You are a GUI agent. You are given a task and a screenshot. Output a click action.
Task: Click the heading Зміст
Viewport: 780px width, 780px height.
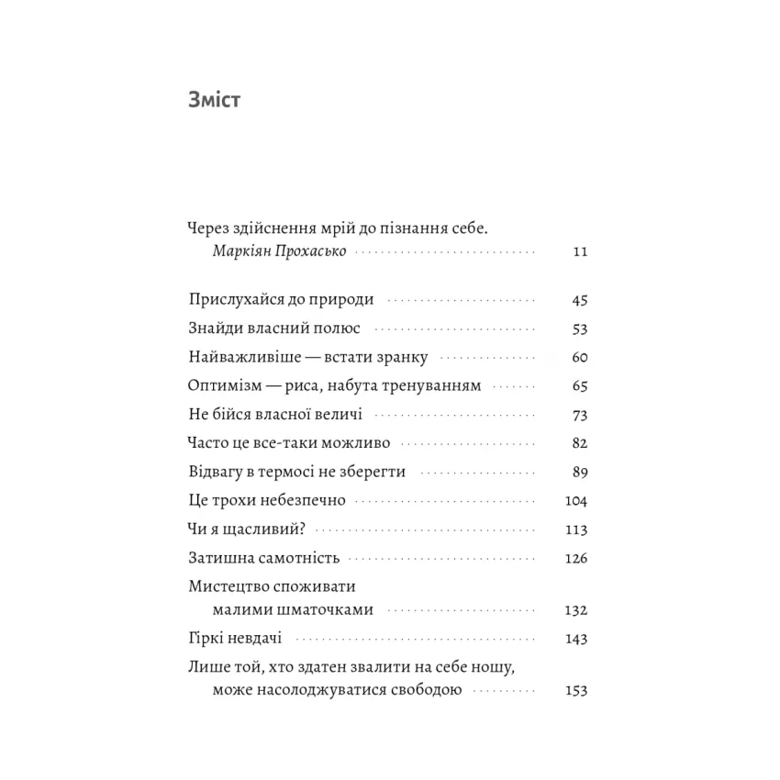[214, 100]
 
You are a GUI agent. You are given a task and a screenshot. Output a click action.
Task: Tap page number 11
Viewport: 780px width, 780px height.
[578, 251]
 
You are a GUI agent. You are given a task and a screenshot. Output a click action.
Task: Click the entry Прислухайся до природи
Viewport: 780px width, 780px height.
[281, 300]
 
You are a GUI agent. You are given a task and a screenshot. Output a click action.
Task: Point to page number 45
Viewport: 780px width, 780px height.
[578, 300]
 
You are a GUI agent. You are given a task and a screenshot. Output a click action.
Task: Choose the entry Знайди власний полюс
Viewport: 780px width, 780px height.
[274, 329]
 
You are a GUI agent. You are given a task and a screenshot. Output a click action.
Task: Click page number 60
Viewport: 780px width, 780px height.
[578, 358]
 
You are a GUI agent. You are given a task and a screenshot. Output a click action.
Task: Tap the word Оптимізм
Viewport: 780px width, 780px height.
[223, 386]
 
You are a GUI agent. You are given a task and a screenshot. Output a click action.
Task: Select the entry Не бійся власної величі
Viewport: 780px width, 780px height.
[274, 415]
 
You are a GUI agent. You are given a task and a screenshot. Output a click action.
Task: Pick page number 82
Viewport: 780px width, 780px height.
[578, 443]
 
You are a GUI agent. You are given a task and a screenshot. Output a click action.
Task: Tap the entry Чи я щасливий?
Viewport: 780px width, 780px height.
[246, 529]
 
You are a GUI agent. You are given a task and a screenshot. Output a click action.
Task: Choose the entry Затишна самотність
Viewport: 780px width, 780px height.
[263, 558]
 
